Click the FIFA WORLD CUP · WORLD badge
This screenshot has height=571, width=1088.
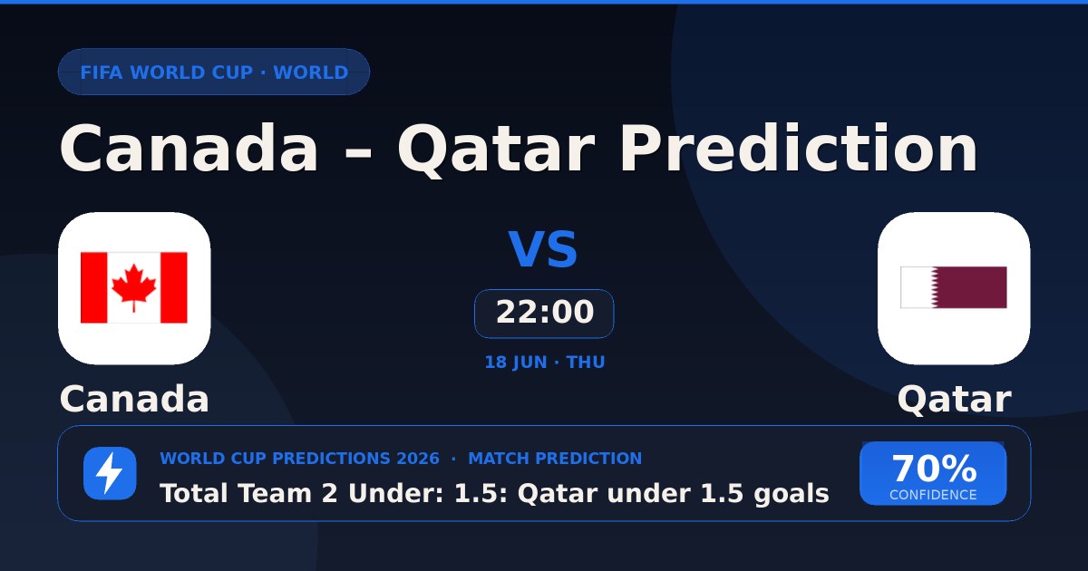(x=214, y=72)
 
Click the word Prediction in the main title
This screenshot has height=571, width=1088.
(x=799, y=148)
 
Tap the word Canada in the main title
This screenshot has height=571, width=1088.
(x=189, y=148)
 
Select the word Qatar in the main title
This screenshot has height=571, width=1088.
(x=497, y=150)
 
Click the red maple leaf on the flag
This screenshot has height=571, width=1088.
(x=134, y=287)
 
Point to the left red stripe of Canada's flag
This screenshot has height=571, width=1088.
(x=93, y=287)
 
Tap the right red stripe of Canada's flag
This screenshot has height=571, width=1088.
(x=174, y=287)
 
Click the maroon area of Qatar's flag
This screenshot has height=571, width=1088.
(x=971, y=287)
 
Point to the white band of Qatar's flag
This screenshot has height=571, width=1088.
(x=917, y=287)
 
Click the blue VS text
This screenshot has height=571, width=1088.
(x=543, y=249)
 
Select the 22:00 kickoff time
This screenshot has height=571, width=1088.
(x=545, y=312)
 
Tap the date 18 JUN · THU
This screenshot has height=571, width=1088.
(x=545, y=363)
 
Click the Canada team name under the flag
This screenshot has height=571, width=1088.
(x=134, y=399)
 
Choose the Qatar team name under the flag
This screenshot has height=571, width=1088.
(x=955, y=400)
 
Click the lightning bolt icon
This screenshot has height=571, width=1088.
(x=110, y=473)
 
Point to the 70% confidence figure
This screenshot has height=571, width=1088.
(x=934, y=469)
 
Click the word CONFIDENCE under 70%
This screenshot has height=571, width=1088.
(x=933, y=495)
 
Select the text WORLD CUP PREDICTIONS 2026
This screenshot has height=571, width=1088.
(x=300, y=459)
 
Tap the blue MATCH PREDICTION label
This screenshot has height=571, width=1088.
(x=555, y=459)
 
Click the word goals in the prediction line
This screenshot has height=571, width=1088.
(x=792, y=494)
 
